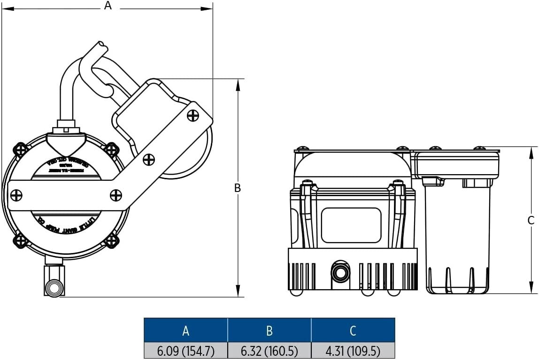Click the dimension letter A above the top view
pyautogui.click(x=108, y=6)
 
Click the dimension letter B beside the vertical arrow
pyautogui.click(x=238, y=188)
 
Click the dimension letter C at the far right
pyautogui.click(x=531, y=220)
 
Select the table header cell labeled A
pyautogui.click(x=186, y=330)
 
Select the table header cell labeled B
pyautogui.click(x=269, y=330)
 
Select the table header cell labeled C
pyautogui.click(x=353, y=330)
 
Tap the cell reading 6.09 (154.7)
pyautogui.click(x=186, y=351)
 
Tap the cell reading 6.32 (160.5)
pyautogui.click(x=269, y=351)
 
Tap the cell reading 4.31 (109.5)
pyautogui.click(x=353, y=351)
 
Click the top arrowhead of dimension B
pyautogui.click(x=238, y=84)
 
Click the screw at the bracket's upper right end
pyautogui.click(x=193, y=115)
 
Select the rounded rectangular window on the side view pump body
pyautogui.click(x=351, y=225)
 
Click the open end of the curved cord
pyautogui.click(x=101, y=45)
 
